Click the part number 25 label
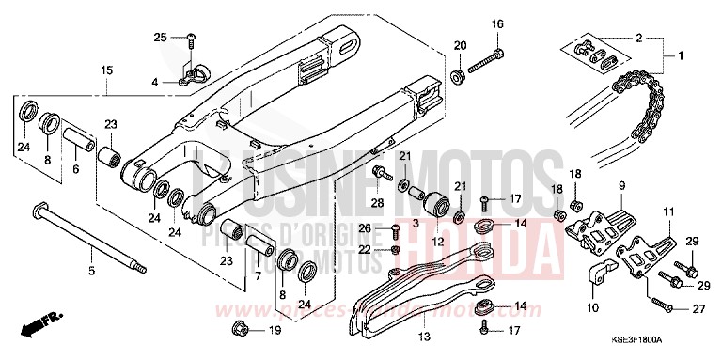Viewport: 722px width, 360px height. [x=160, y=37]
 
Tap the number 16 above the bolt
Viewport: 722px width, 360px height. [x=497, y=23]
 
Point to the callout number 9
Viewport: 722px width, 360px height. [x=620, y=187]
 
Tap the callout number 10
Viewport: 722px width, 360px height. [x=592, y=307]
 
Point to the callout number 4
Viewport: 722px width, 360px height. [x=155, y=83]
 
